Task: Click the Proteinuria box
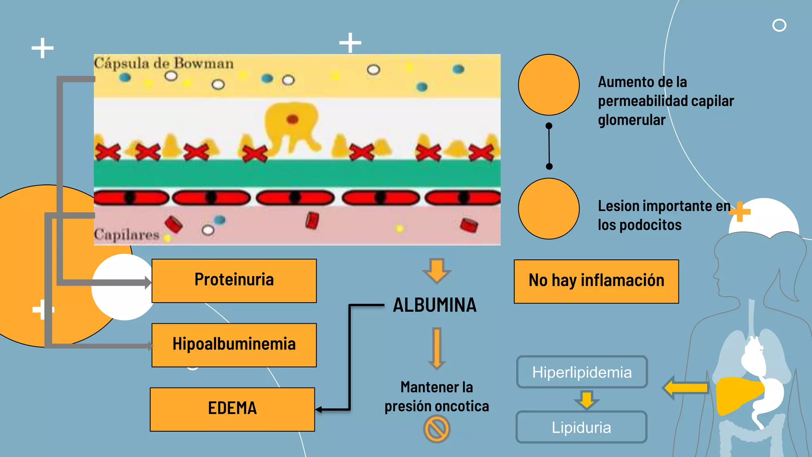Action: [234, 281]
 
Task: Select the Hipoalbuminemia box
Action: [234, 345]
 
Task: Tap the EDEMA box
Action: [232, 409]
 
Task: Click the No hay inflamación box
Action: [596, 281]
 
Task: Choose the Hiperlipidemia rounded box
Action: [582, 372]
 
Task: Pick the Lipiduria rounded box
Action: [581, 427]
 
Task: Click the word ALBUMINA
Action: [435, 305]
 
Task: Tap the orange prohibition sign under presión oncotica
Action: [437, 429]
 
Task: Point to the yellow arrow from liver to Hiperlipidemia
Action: [686, 388]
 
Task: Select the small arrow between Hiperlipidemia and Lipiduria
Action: [586, 399]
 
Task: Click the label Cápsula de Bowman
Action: [164, 63]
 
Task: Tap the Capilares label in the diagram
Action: [126, 234]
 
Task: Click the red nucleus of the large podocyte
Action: [292, 119]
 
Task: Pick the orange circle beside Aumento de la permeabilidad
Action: [549, 85]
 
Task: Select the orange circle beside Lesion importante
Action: [549, 209]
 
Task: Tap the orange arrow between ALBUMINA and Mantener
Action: [437, 348]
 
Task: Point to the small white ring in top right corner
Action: [779, 25]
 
